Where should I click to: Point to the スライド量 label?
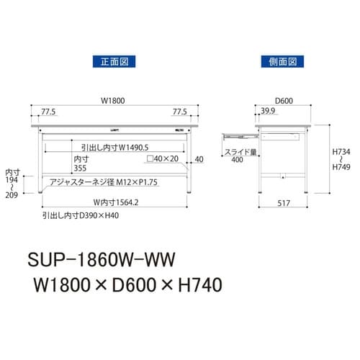(x=240, y=153)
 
